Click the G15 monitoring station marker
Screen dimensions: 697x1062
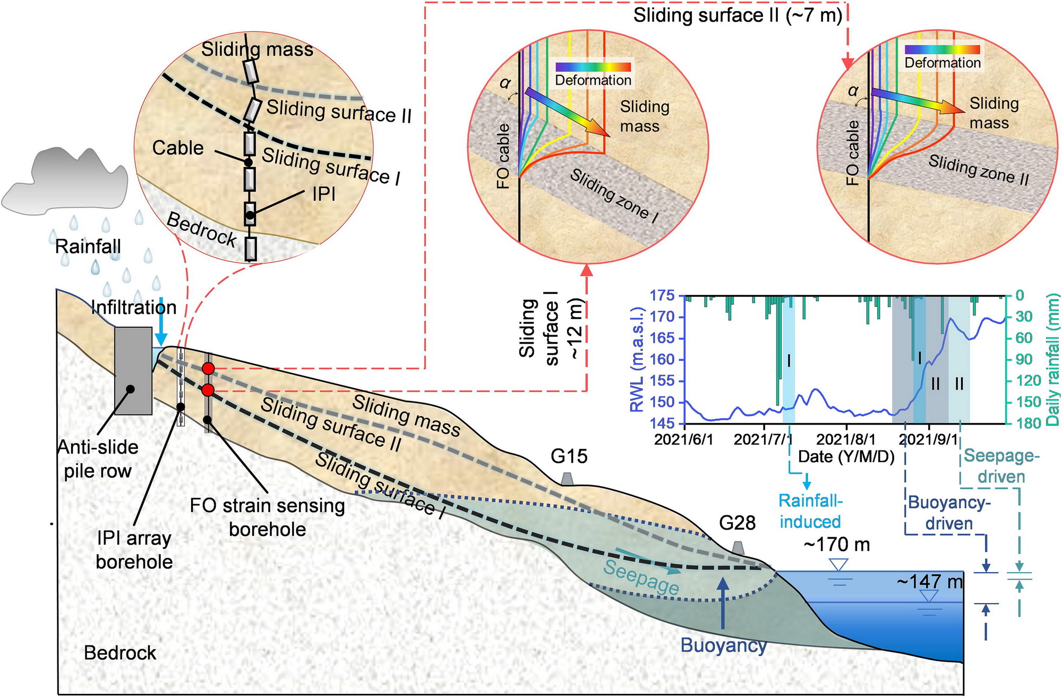(567, 479)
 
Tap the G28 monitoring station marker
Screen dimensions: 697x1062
(738, 547)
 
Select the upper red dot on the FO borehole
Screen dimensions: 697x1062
(208, 368)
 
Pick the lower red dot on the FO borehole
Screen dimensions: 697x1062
(208, 390)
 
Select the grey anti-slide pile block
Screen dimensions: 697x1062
(133, 371)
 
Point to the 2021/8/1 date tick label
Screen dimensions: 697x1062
(846, 440)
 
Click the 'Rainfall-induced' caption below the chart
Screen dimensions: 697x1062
(810, 511)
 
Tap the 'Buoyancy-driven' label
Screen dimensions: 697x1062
(949, 513)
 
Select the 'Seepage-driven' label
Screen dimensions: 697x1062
(1001, 466)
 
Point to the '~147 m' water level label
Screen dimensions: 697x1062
(929, 582)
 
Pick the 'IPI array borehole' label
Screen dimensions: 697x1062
(134, 550)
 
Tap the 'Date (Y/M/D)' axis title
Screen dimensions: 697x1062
(846, 456)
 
